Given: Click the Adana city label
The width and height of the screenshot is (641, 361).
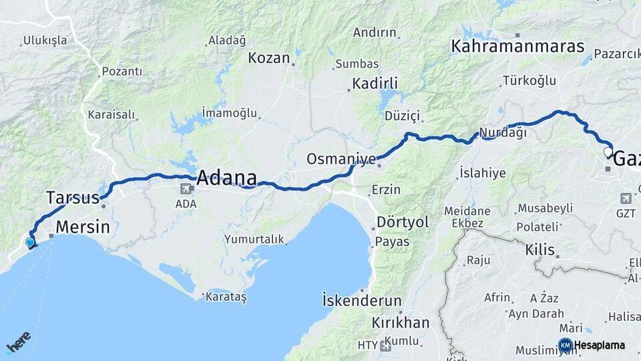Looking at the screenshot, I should (x=226, y=178).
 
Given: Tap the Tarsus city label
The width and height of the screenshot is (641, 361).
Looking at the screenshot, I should (x=73, y=197).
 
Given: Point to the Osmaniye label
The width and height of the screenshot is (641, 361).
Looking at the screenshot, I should (x=339, y=159).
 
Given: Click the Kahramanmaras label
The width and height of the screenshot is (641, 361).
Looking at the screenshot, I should (x=517, y=46).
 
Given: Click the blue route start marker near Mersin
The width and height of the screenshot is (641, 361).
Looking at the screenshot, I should (x=30, y=243).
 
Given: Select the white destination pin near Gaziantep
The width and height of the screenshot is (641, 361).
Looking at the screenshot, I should (x=608, y=152).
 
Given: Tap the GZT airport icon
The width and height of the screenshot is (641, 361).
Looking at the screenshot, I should (x=626, y=199).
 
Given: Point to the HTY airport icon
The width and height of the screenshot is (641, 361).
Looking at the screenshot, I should (x=385, y=346).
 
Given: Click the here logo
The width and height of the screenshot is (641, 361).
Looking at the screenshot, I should (x=18, y=342).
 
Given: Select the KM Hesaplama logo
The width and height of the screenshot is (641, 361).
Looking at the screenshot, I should (x=592, y=345).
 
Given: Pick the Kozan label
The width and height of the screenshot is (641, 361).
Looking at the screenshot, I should (x=269, y=58).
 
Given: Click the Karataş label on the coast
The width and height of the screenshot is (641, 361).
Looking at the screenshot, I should (x=226, y=296).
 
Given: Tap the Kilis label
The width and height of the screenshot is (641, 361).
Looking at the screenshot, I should (x=540, y=249).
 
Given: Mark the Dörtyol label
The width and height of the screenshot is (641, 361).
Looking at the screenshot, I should (x=403, y=221).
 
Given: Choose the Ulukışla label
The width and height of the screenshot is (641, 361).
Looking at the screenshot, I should (x=45, y=40).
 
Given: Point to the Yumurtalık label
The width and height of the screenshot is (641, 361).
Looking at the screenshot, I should (x=254, y=239).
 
